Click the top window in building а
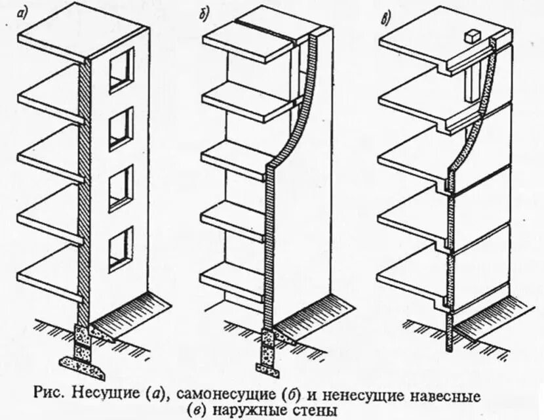pos(121,70)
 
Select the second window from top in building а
pos(121,128)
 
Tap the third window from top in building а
pos(121,187)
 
